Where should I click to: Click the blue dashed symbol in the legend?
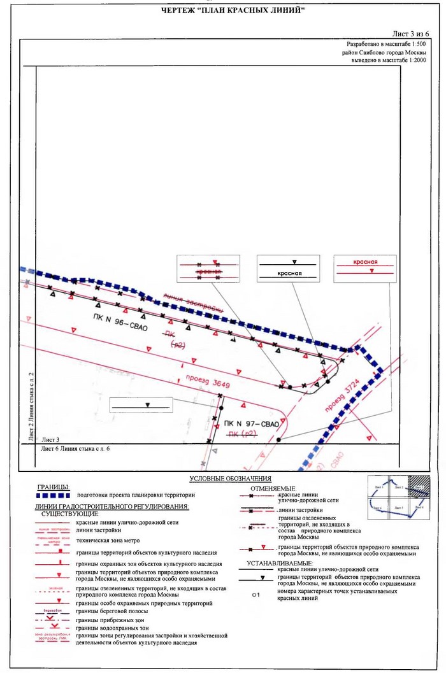point(52,495)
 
